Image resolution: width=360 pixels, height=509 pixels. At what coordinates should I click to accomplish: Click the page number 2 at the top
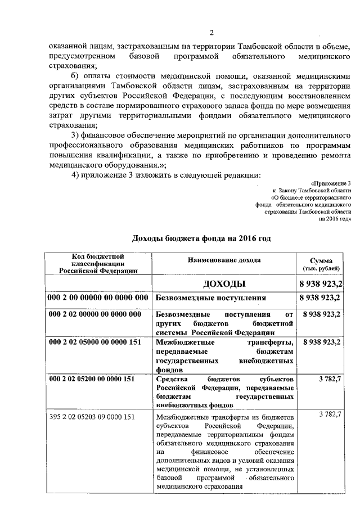[211, 32]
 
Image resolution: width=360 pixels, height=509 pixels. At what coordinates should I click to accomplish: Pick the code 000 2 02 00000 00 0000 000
[95, 314]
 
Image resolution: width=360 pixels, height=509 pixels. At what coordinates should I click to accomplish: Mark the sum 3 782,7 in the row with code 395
[329, 415]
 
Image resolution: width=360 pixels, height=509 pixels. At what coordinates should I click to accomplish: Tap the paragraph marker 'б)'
[74, 77]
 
